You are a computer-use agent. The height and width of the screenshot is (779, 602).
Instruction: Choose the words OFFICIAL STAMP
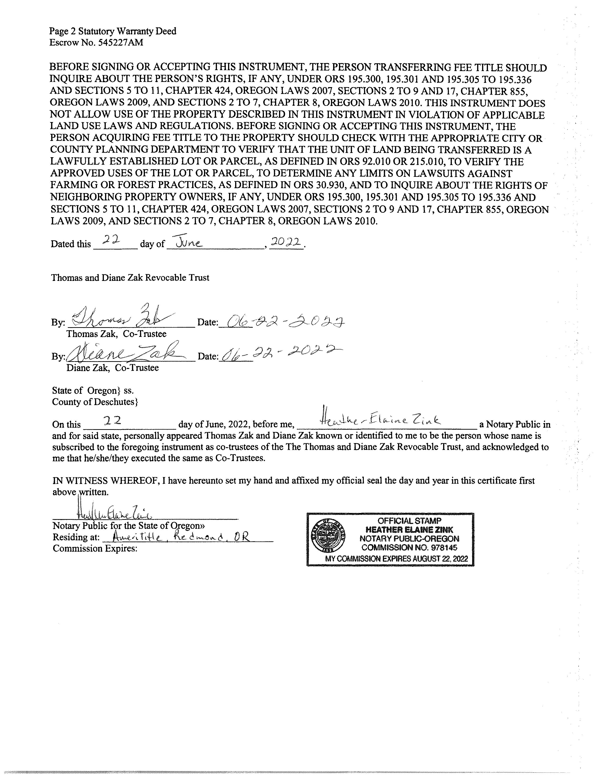coord(409,521)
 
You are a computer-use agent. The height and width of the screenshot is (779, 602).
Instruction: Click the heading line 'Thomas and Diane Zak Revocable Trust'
coord(130,278)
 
